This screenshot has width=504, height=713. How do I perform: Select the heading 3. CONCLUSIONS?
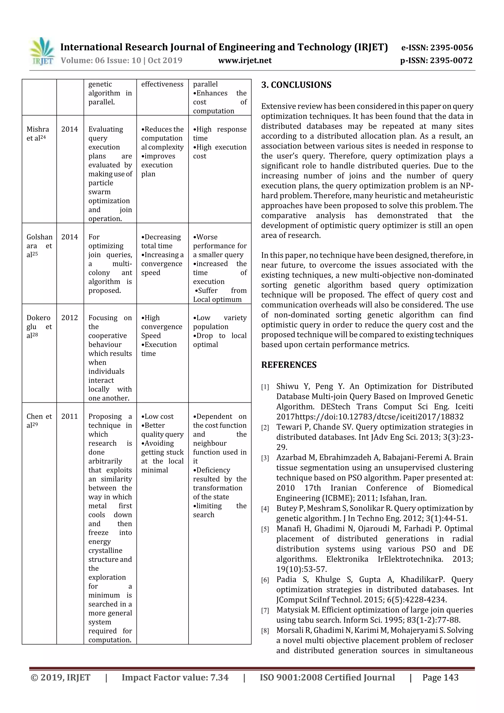296,85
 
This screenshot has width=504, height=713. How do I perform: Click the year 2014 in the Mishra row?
70,129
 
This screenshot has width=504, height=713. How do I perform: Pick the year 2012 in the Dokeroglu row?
70,318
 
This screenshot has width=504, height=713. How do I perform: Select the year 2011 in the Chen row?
70,416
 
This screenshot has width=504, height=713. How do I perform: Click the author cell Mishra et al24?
38,134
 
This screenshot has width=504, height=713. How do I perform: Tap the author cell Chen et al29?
39,421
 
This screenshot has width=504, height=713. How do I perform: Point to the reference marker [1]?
265,387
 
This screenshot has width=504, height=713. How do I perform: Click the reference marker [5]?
265,529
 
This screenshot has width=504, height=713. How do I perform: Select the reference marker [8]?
265,631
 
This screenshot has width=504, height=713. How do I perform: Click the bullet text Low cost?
157,416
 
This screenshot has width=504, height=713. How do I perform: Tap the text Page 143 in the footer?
440,677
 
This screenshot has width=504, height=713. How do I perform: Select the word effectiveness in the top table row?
162,84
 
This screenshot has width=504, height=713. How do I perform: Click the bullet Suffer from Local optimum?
220,295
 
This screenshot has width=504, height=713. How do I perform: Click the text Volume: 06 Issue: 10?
101,60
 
